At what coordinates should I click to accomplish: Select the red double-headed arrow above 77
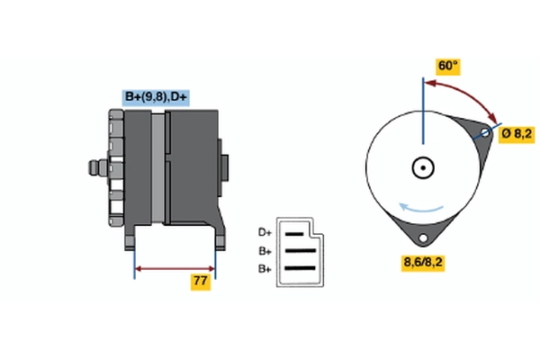point(175,267)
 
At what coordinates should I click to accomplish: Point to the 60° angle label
point(447,67)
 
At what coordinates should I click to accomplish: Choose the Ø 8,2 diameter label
point(517,133)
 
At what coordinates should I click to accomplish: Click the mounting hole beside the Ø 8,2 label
point(487,134)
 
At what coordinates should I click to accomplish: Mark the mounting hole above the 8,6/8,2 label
point(420,238)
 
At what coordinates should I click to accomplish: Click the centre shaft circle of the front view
point(421,167)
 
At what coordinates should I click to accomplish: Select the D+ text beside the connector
point(265,231)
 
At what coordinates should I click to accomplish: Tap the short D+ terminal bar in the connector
point(295,232)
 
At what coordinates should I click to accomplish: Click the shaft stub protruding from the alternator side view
point(94,167)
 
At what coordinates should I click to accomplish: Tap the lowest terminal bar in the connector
point(300,268)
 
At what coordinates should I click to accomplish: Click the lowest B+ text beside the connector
point(265,268)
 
